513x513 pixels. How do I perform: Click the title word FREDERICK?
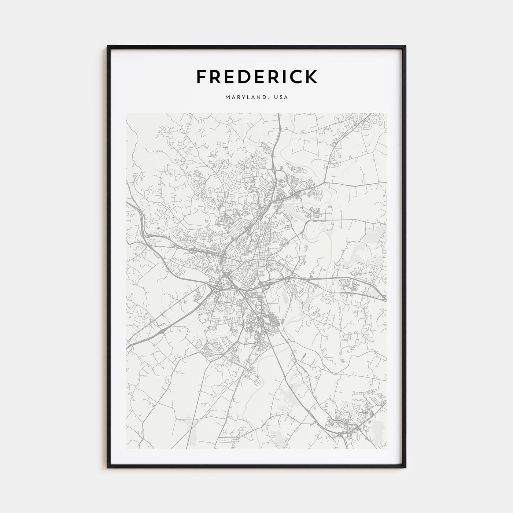click(x=256, y=77)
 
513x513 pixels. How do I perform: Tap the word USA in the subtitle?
click(x=282, y=97)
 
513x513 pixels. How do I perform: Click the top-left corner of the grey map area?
click(x=126, y=113)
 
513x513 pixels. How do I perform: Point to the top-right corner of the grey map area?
click(x=386, y=113)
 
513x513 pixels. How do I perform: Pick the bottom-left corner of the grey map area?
click(x=126, y=449)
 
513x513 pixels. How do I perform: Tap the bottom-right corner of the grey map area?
click(x=386, y=449)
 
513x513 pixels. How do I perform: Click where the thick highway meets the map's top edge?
click(x=278, y=114)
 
